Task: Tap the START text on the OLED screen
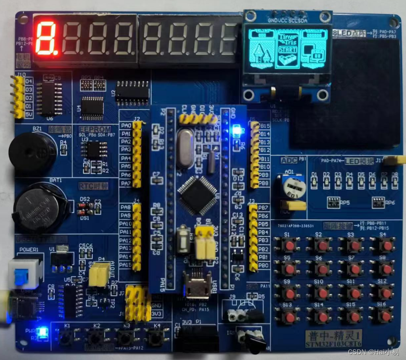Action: (x=287, y=49)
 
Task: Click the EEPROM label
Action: (x=95, y=129)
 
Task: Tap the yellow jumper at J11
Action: (x=393, y=161)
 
